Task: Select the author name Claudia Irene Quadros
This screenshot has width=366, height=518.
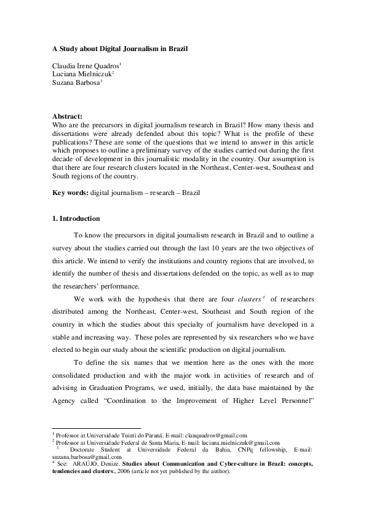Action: tap(85, 65)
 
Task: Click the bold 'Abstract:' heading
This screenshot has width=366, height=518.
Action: tap(68, 115)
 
